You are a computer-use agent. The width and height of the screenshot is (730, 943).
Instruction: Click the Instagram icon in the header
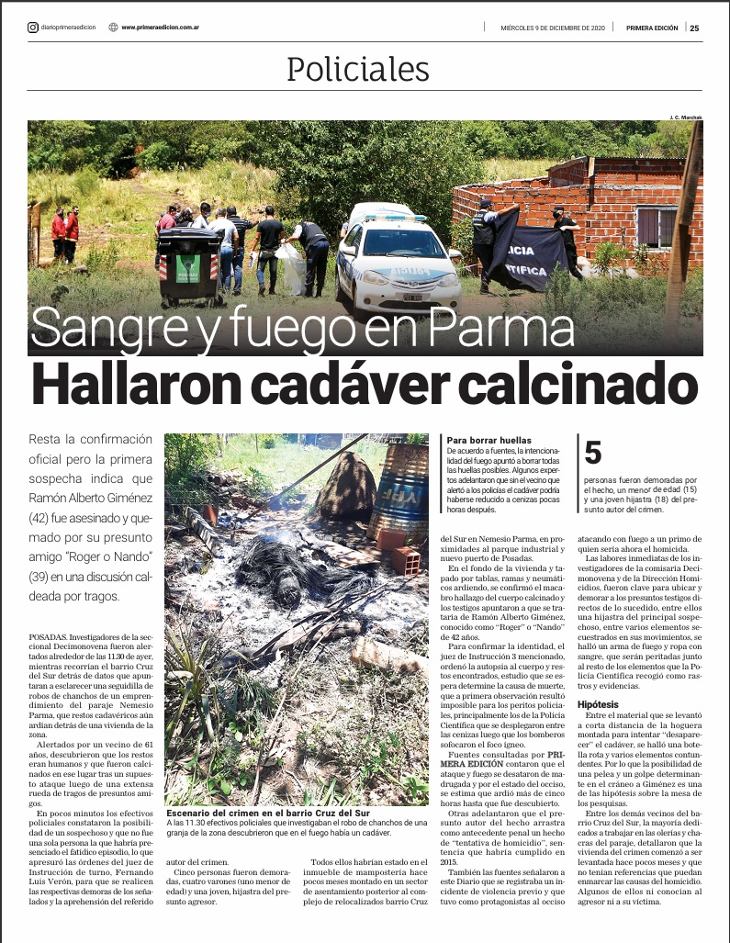[x=33, y=27]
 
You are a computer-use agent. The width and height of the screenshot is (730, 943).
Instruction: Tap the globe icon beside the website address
[x=113, y=27]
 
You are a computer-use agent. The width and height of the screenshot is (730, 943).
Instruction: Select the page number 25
[x=694, y=28]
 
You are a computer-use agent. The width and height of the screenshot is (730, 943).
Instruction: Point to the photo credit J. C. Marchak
[x=684, y=117]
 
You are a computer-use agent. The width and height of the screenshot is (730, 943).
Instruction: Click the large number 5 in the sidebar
[x=593, y=453]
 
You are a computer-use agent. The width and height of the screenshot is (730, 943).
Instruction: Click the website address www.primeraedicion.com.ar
[x=161, y=28]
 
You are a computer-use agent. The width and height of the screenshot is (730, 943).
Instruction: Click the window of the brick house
[x=655, y=225]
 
